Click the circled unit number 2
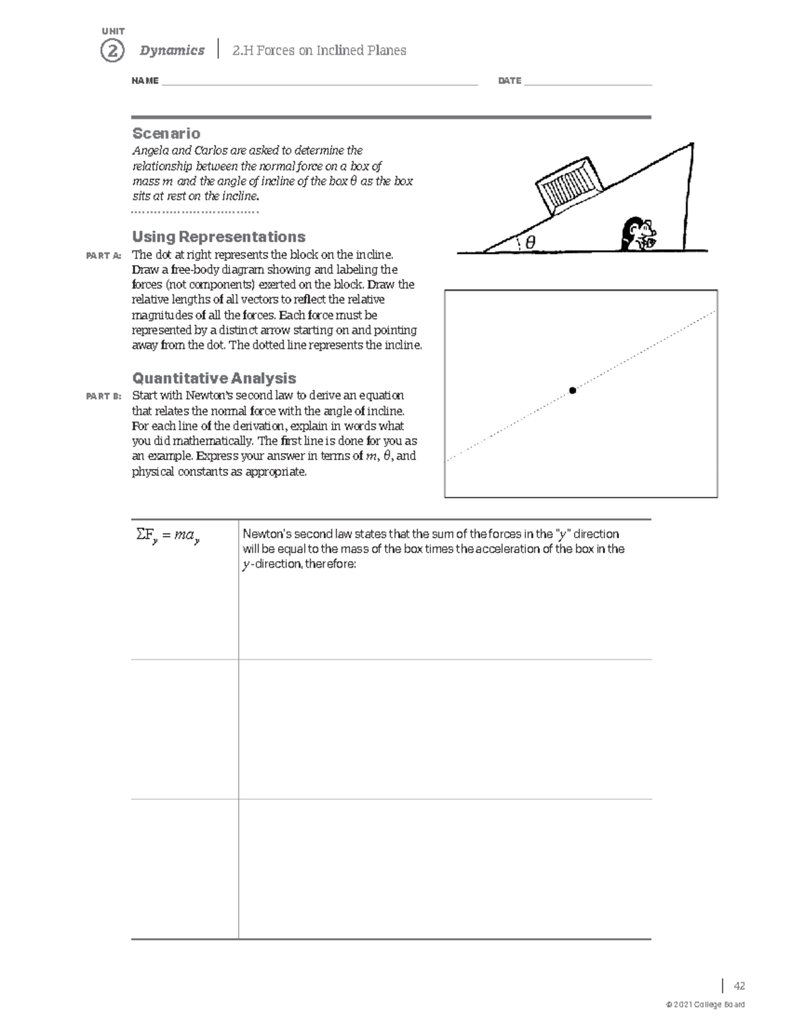(112, 51)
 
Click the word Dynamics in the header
(172, 51)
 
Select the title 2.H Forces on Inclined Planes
(319, 51)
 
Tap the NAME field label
(145, 81)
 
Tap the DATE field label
(510, 81)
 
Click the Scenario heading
(166, 133)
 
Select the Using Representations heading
(218, 237)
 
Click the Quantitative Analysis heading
(214, 378)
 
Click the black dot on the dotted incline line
(573, 391)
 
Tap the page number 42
(739, 986)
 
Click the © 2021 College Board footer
(706, 1005)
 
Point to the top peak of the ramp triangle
(691, 144)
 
